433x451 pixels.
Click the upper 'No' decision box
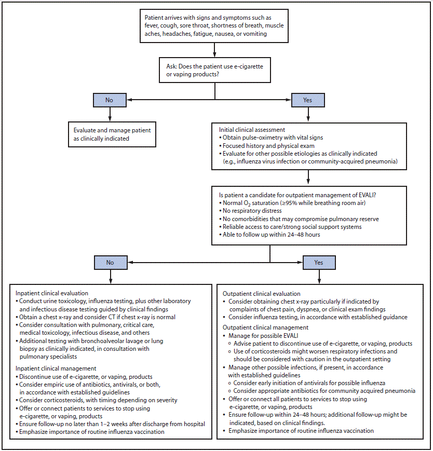tap(110, 100)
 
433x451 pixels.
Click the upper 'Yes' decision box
tap(308, 100)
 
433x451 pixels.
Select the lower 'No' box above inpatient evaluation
tap(110, 262)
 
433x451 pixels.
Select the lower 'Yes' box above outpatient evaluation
tap(318, 262)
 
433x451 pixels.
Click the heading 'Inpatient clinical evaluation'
tap(52, 293)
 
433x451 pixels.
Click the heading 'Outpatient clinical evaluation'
tap(261, 293)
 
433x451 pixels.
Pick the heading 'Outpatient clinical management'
tap(265, 327)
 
